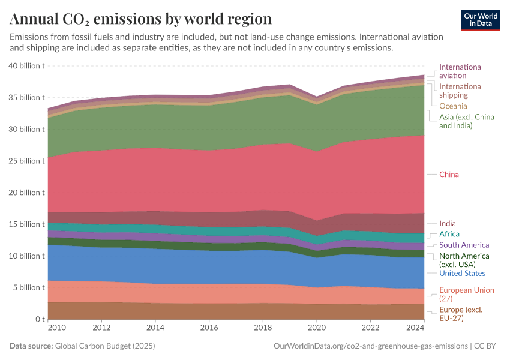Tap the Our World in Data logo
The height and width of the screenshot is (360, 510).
481,19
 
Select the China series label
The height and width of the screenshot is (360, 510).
449,175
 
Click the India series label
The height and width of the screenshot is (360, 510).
447,224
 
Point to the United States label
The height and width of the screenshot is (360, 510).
462,274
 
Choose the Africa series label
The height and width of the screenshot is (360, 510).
449,234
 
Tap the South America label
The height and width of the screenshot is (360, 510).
464,245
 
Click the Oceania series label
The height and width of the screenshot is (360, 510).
452,106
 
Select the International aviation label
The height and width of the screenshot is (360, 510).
461,71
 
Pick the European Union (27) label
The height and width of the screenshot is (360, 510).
467,294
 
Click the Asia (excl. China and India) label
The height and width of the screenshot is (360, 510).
466,121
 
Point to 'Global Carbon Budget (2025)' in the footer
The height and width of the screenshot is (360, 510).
106,346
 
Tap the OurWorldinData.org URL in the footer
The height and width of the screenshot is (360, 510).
371,346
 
